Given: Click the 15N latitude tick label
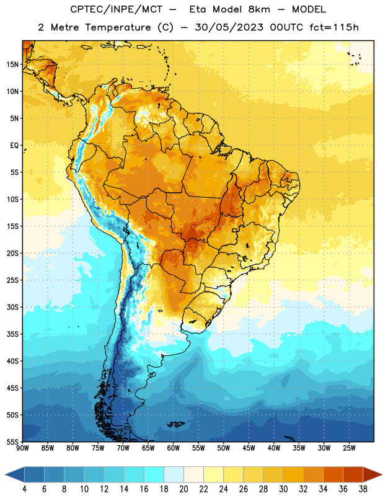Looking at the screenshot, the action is point(12,64).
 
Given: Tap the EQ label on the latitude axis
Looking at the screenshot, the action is point(14,146).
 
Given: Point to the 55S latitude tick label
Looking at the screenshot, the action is point(12,441).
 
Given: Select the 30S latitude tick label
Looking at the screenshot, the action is point(12,307).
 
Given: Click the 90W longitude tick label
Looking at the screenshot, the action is point(22,448).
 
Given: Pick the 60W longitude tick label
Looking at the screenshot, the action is point(174,448).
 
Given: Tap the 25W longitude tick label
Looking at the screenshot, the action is point(349,448).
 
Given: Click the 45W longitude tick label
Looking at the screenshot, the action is point(249,448).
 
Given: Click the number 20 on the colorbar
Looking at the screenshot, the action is point(183,489).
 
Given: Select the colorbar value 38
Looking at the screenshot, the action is point(363,489).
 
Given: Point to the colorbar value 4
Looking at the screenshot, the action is point(24,489).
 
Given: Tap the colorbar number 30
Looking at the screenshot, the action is point(283,489).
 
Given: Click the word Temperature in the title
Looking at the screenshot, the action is point(118,27).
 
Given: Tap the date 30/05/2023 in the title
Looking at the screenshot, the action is point(229,27).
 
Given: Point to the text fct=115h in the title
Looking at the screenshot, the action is point(334,27).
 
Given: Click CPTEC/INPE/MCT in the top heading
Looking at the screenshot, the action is point(116,9).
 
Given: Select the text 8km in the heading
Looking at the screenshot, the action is point(259,9).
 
